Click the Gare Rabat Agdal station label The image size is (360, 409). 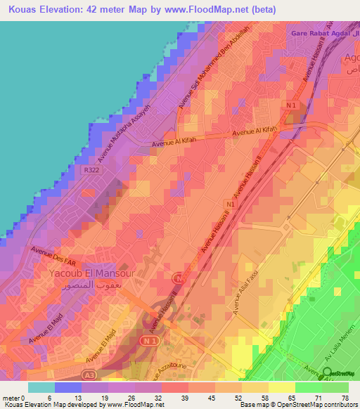323,34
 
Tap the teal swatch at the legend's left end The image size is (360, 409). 41,387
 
